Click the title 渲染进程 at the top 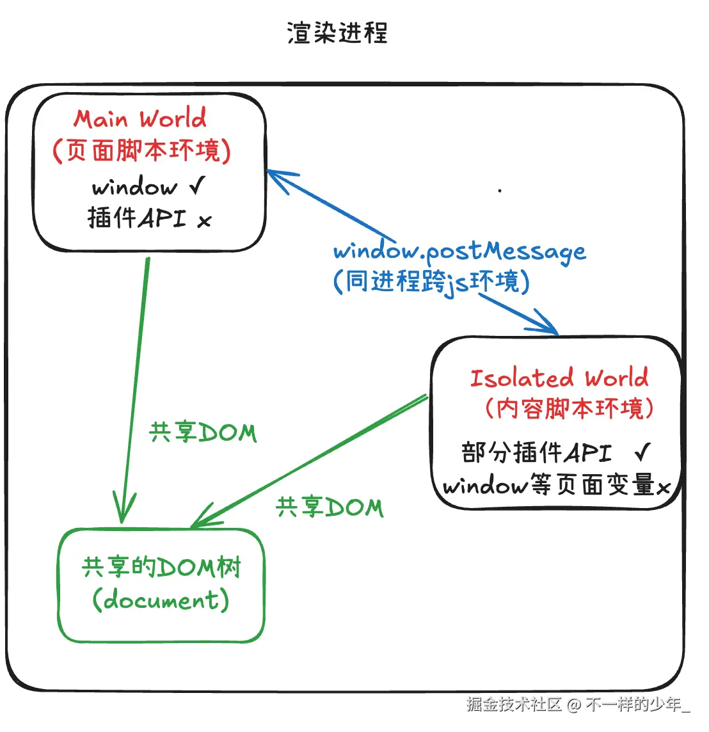(337, 33)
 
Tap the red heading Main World (140, 119)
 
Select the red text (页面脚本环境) (141, 151)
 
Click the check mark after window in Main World (197, 186)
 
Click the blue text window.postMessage (459, 251)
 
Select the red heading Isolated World (559, 378)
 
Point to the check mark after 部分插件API (642, 452)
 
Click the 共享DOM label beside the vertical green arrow (203, 433)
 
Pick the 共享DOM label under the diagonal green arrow (330, 507)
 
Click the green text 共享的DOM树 (161, 567)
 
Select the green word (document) (161, 600)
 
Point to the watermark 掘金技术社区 (514, 704)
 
